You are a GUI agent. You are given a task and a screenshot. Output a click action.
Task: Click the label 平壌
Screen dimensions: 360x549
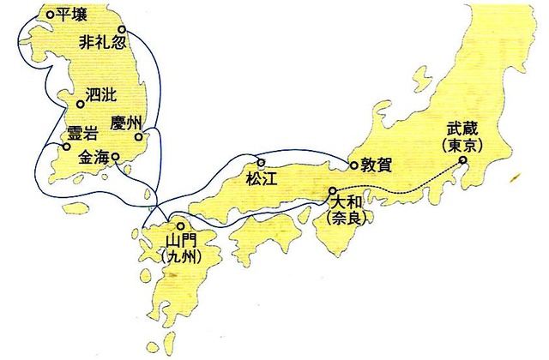[x=69, y=14]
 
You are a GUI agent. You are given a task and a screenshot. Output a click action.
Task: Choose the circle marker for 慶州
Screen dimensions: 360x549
[x=139, y=135]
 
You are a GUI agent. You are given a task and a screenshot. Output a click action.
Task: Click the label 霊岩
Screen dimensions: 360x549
[x=82, y=135]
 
